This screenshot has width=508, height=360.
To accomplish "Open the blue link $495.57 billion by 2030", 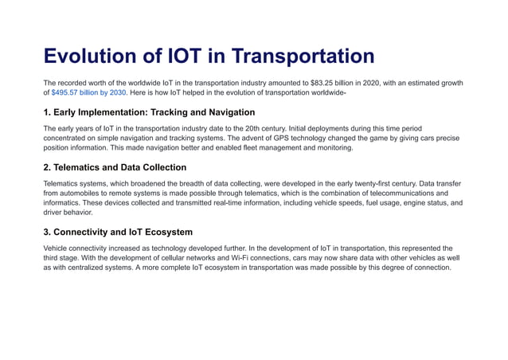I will pos(88,93).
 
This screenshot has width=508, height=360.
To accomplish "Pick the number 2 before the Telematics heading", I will pos(47,167).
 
